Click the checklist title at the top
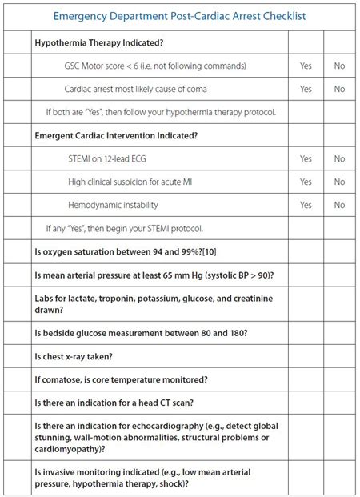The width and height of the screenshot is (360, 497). point(180,15)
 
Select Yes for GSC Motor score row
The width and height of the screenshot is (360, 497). point(306,66)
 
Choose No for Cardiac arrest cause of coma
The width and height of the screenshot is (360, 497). point(339,89)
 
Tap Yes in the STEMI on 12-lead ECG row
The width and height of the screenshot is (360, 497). point(306,158)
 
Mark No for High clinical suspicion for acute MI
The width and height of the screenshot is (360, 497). point(339,182)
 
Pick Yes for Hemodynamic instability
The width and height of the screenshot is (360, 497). point(306,205)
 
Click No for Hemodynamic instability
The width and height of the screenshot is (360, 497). point(339,205)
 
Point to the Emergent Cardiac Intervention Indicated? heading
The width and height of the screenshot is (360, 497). point(116,135)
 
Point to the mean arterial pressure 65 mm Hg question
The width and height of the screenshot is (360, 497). point(154,275)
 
